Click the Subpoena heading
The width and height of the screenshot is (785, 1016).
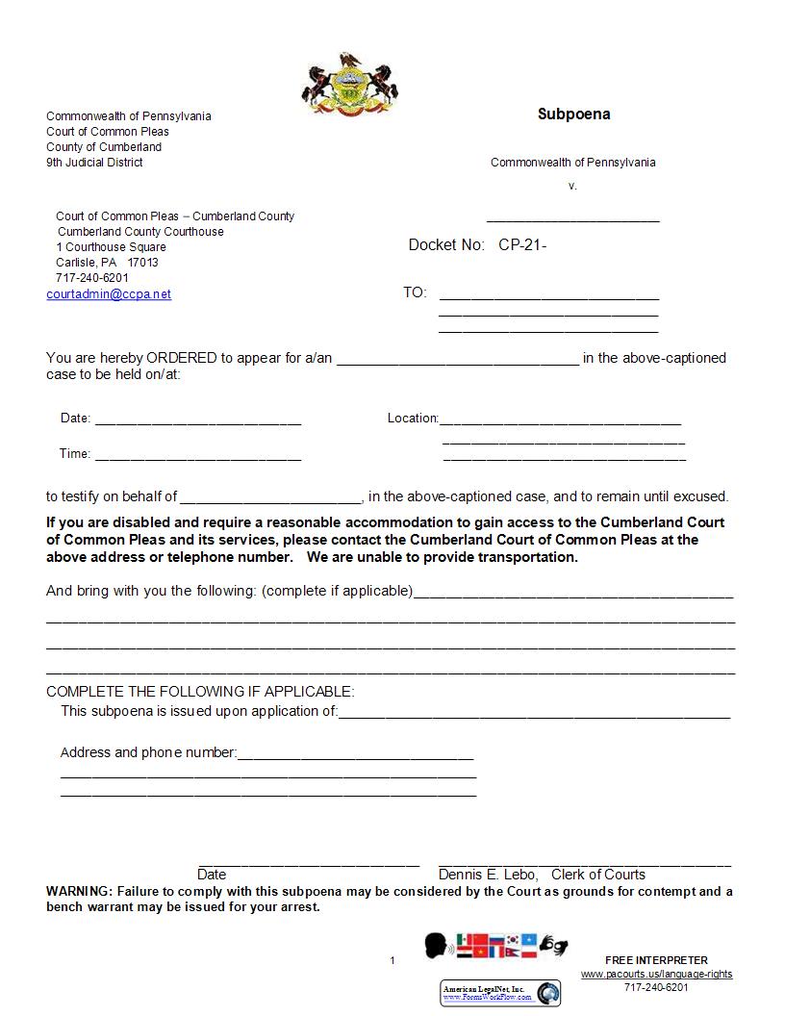pyautogui.click(x=573, y=114)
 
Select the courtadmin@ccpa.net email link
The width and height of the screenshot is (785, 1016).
pyautogui.click(x=109, y=294)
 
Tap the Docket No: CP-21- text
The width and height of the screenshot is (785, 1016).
pyautogui.click(x=477, y=244)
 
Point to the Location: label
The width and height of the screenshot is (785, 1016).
pyautogui.click(x=413, y=418)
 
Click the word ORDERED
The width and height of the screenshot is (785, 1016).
pyautogui.click(x=182, y=358)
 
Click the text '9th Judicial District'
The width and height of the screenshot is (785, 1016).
pyautogui.click(x=94, y=163)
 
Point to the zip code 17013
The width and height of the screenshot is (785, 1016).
pyautogui.click(x=143, y=262)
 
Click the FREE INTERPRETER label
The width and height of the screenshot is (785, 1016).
pyautogui.click(x=656, y=960)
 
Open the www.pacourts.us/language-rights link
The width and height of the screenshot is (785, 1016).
pyautogui.click(x=656, y=974)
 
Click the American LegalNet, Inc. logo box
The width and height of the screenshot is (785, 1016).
pyautogui.click(x=500, y=993)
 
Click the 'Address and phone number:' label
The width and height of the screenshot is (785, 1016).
pyautogui.click(x=148, y=752)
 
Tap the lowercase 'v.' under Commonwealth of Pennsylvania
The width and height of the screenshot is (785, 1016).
pyautogui.click(x=572, y=186)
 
